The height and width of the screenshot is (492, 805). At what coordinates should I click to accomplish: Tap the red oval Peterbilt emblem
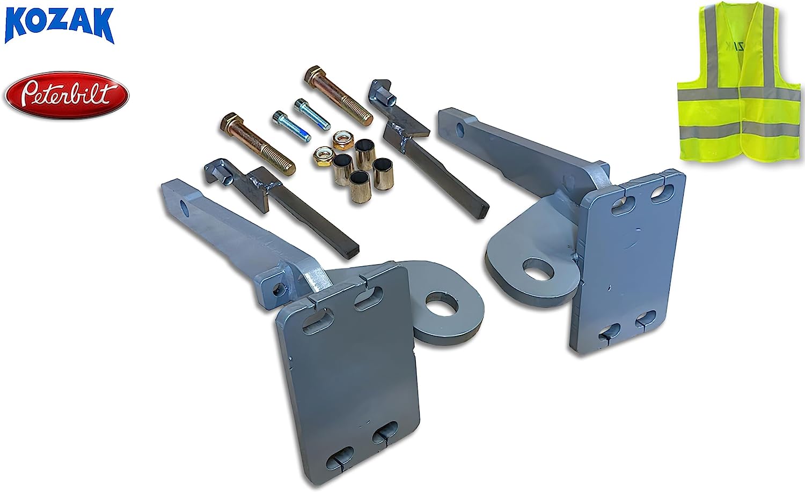[x=67, y=95]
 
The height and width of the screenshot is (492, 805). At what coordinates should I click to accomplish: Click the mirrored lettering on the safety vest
[x=740, y=47]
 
